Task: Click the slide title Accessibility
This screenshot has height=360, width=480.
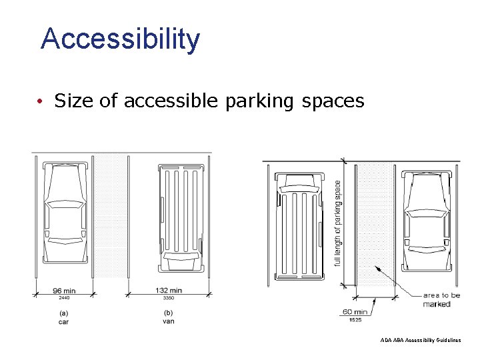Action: tap(120, 39)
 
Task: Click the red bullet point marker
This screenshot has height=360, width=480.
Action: tap(41, 101)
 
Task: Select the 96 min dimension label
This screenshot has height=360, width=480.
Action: tap(65, 291)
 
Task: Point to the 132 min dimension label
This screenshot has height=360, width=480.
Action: tap(168, 291)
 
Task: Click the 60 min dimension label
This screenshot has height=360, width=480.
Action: tap(355, 311)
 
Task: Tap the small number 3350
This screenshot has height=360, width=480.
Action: tap(168, 298)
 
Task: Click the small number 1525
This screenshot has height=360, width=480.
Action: tap(355, 319)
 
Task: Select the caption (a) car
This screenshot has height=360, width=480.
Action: tap(63, 317)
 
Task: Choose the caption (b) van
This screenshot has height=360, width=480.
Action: tap(168, 317)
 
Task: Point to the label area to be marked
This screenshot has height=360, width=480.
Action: tap(441, 299)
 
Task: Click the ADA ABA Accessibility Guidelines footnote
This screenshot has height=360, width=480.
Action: tap(420, 340)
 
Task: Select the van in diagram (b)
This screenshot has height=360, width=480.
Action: tap(181, 217)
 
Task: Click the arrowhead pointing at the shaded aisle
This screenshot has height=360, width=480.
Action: tap(378, 269)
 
